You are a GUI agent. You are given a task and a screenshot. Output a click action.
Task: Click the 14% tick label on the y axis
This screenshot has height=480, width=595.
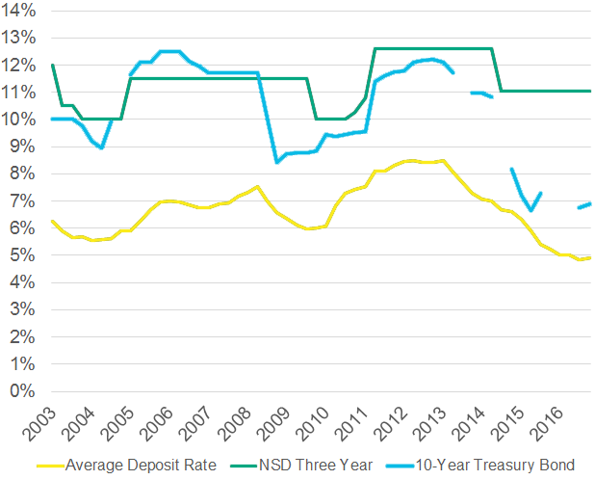coord(20,11)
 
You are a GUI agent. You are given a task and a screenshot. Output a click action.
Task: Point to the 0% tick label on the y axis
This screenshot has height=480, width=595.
coord(24,392)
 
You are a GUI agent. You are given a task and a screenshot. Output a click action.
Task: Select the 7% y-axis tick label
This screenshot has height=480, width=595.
coord(24,201)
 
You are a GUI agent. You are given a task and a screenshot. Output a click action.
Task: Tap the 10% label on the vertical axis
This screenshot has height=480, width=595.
coord(20,120)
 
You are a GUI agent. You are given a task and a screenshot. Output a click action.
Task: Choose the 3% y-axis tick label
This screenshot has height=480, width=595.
coord(24,310)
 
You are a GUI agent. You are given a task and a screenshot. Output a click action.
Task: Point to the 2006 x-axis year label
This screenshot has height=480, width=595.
coord(160,422)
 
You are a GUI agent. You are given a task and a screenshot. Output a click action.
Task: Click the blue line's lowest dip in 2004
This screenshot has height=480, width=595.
coord(102,147)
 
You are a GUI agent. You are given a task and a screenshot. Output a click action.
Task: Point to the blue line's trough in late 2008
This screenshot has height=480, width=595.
coord(277,162)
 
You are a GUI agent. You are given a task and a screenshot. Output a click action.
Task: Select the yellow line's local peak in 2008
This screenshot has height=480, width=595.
coord(257,187)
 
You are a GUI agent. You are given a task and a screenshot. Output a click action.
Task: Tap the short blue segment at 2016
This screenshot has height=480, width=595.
coord(583,205)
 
